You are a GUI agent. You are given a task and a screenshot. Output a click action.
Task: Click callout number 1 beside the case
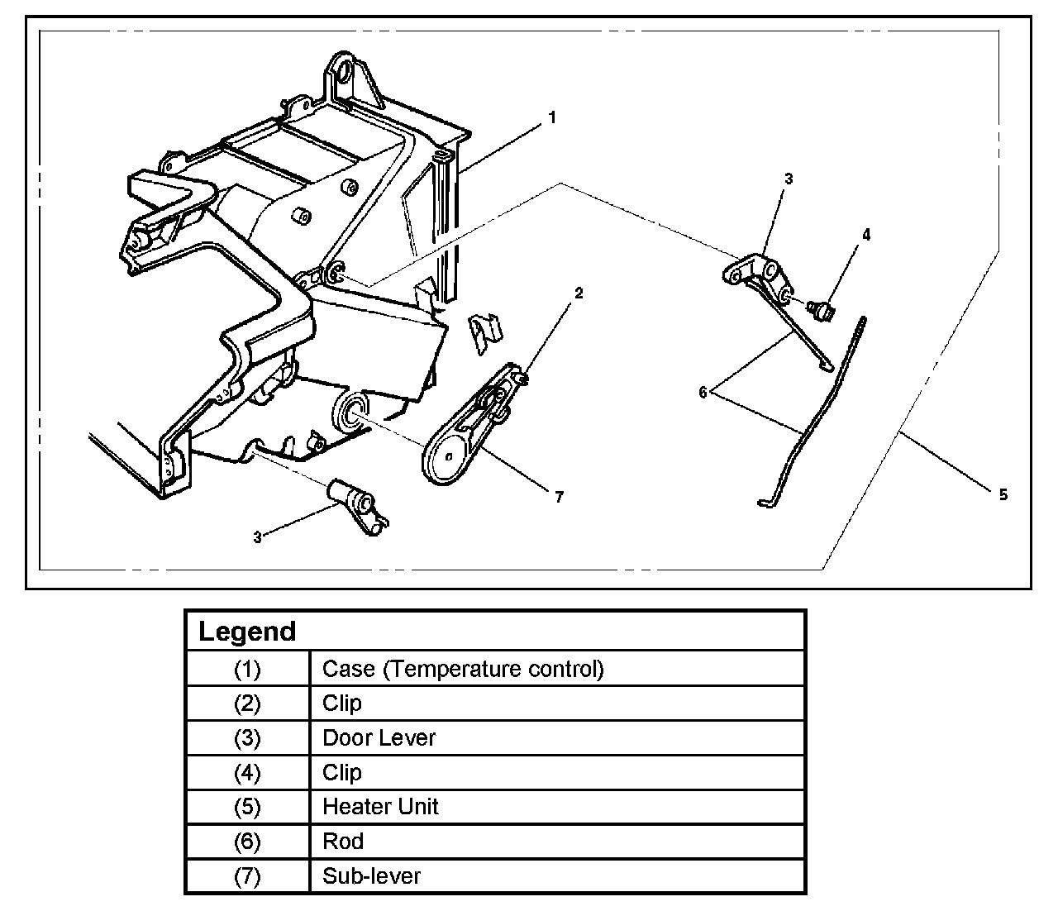coord(552,117)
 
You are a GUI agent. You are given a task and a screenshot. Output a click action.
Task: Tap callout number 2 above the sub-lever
coord(579,293)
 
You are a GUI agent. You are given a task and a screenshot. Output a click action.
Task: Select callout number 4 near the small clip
coord(866,235)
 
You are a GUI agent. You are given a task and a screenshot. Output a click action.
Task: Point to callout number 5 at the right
coord(1003,494)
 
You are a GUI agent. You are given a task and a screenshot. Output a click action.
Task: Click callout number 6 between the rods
coord(703,393)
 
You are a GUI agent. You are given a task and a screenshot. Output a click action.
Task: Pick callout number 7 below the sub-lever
coord(559,497)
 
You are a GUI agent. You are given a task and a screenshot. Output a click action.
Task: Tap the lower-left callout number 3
coord(258,537)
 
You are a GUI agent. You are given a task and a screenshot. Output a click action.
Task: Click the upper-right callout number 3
coord(789,179)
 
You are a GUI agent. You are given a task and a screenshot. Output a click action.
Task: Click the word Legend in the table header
coord(247,632)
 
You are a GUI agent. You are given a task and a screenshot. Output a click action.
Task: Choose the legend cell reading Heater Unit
coord(380,807)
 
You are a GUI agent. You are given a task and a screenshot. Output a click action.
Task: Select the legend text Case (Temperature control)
coord(463,668)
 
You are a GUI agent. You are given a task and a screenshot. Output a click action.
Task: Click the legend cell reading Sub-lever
coord(371,875)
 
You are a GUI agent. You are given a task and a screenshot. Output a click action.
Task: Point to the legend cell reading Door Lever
coord(379,737)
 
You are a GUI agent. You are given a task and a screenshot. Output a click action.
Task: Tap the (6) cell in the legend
coord(247,842)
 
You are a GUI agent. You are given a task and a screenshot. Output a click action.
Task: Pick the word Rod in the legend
coord(343,842)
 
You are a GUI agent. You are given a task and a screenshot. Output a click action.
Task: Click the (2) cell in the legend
coord(247,704)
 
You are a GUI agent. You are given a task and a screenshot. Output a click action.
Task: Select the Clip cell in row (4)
coord(342,772)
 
